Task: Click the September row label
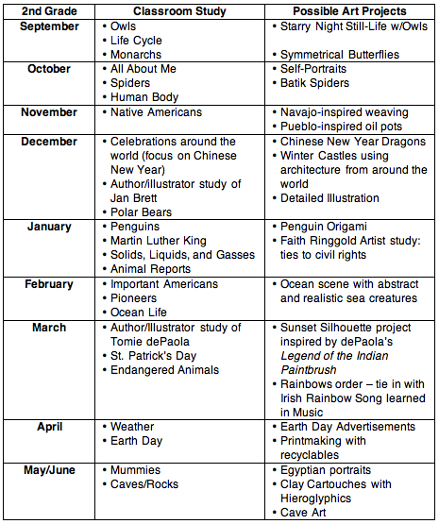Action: click(50, 26)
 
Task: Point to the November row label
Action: click(50, 112)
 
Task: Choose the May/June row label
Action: click(50, 469)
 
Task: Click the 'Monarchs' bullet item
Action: click(136, 55)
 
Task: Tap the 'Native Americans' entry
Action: click(156, 112)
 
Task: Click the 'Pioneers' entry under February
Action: click(136, 297)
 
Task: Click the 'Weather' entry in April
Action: click(132, 427)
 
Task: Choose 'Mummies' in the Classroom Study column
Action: click(136, 469)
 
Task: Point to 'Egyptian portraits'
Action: click(326, 469)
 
